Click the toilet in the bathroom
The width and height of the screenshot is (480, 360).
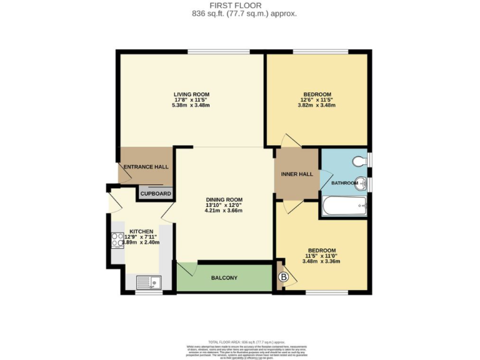[x=359, y=161]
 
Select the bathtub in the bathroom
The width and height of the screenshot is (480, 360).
[x=344, y=206]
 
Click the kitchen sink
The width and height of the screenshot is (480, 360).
[x=147, y=282]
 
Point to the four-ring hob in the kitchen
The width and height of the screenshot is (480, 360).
[x=117, y=241]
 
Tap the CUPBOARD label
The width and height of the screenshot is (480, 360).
[x=156, y=194]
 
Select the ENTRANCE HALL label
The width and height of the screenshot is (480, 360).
[x=146, y=167]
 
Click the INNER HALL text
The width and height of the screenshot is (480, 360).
[x=297, y=174]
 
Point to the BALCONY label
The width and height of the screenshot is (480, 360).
[x=224, y=277]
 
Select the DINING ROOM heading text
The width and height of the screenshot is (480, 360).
[x=223, y=200]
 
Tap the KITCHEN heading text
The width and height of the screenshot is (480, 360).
[x=141, y=231]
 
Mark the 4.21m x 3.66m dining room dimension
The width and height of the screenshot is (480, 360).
[x=223, y=211]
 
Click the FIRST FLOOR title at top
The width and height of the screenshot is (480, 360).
[x=239, y=4]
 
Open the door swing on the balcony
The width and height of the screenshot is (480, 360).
[x=186, y=270]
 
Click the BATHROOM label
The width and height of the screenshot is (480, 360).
[x=343, y=183]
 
